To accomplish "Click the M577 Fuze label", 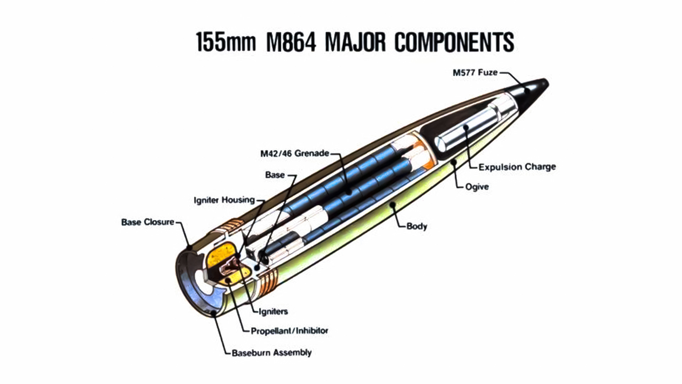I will [475, 73].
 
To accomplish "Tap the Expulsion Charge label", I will [517, 167].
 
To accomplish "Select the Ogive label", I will [477, 187].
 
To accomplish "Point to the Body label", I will [417, 226].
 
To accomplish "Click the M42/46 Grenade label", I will [294, 154].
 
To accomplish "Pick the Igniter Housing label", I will [224, 200].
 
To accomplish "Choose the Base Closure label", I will [148, 222].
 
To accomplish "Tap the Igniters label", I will [273, 311].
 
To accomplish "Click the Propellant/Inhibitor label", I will [289, 331].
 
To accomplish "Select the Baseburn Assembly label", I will [271, 353].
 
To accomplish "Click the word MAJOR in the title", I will [355, 42].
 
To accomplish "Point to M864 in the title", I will [291, 42].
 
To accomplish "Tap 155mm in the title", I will [226, 42].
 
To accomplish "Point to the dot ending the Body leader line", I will [392, 204].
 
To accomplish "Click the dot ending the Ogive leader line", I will [454, 162].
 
